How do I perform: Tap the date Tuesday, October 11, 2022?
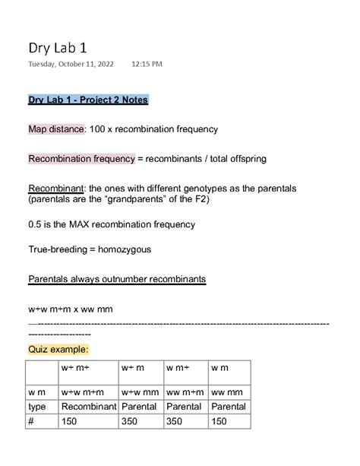pos(71,65)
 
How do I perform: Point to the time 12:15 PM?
pos(147,65)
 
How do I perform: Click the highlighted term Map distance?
pos(55,129)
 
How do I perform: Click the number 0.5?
pos(35,224)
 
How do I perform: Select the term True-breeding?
pos(58,249)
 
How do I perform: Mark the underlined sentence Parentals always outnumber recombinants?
pos(117,279)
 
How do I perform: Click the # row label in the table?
pos(31,421)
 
